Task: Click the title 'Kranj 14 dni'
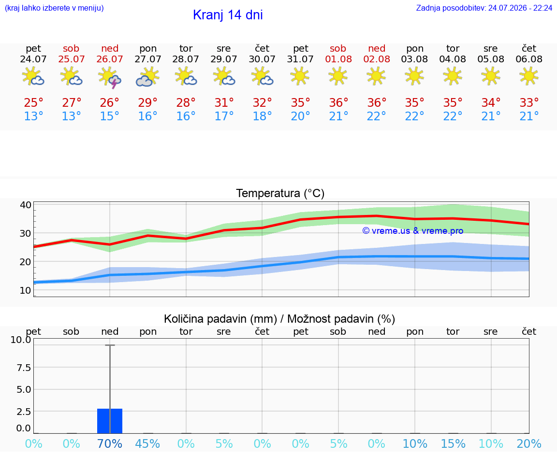(228, 15)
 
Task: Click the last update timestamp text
(484, 8)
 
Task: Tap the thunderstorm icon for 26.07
(109, 77)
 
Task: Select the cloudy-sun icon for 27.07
(147, 77)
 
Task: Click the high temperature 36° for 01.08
(338, 102)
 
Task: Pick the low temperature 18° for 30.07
(262, 116)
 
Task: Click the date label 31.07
(300, 59)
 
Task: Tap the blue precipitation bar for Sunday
(110, 421)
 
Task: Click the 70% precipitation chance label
(110, 443)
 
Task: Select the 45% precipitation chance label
(147, 443)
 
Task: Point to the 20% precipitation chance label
(529, 443)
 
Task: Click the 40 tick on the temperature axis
(26, 205)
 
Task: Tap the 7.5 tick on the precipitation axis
(24, 367)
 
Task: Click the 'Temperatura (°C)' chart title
(280, 193)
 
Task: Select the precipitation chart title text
(279, 319)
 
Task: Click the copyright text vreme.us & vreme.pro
(413, 231)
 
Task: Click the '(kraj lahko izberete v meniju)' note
(54, 8)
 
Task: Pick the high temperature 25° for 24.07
(33, 102)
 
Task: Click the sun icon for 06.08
(529, 76)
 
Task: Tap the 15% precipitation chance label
(453, 443)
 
